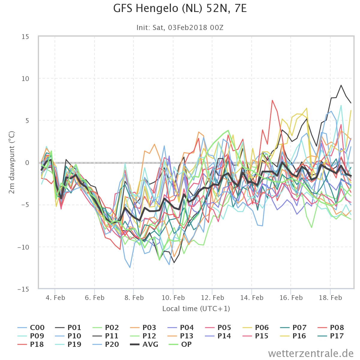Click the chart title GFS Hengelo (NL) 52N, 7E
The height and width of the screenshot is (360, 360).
(180, 9)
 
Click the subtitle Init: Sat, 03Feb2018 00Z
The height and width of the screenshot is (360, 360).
(180, 28)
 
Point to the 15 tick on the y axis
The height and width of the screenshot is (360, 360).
(25, 37)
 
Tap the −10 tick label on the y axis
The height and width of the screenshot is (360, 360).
(23, 247)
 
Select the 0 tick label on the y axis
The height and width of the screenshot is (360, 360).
(27, 163)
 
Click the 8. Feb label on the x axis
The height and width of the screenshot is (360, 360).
(134, 298)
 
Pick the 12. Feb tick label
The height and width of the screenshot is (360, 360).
(212, 298)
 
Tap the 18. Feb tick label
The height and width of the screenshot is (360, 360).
(330, 298)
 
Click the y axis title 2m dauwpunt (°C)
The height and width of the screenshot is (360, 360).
(12, 162)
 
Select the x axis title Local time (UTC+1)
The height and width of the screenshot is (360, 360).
(196, 309)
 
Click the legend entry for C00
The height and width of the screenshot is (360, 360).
(31, 328)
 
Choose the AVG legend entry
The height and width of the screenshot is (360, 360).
(144, 344)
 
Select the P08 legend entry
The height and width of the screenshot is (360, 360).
(331, 328)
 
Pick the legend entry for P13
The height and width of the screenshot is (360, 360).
(181, 336)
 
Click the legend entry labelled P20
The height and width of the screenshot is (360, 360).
(106, 344)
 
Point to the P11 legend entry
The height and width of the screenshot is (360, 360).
(106, 336)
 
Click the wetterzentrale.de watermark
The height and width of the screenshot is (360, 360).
(311, 353)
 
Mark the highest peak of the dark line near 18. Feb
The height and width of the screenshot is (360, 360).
(341, 85)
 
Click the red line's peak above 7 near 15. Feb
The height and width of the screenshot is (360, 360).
(272, 100)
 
